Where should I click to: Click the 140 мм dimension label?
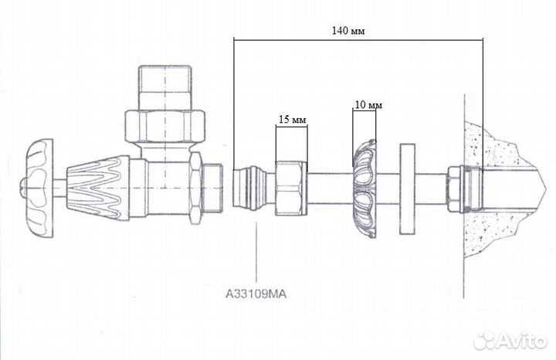click(x=347, y=31)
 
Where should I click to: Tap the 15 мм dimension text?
click(x=292, y=120)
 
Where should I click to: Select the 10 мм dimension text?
click(x=368, y=105)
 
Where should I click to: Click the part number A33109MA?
click(x=256, y=294)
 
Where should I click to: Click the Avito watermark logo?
click(x=510, y=340)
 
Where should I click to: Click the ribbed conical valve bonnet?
click(x=97, y=187)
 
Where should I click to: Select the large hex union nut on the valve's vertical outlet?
click(x=165, y=126)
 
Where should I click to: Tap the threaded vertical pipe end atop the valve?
click(x=165, y=87)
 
